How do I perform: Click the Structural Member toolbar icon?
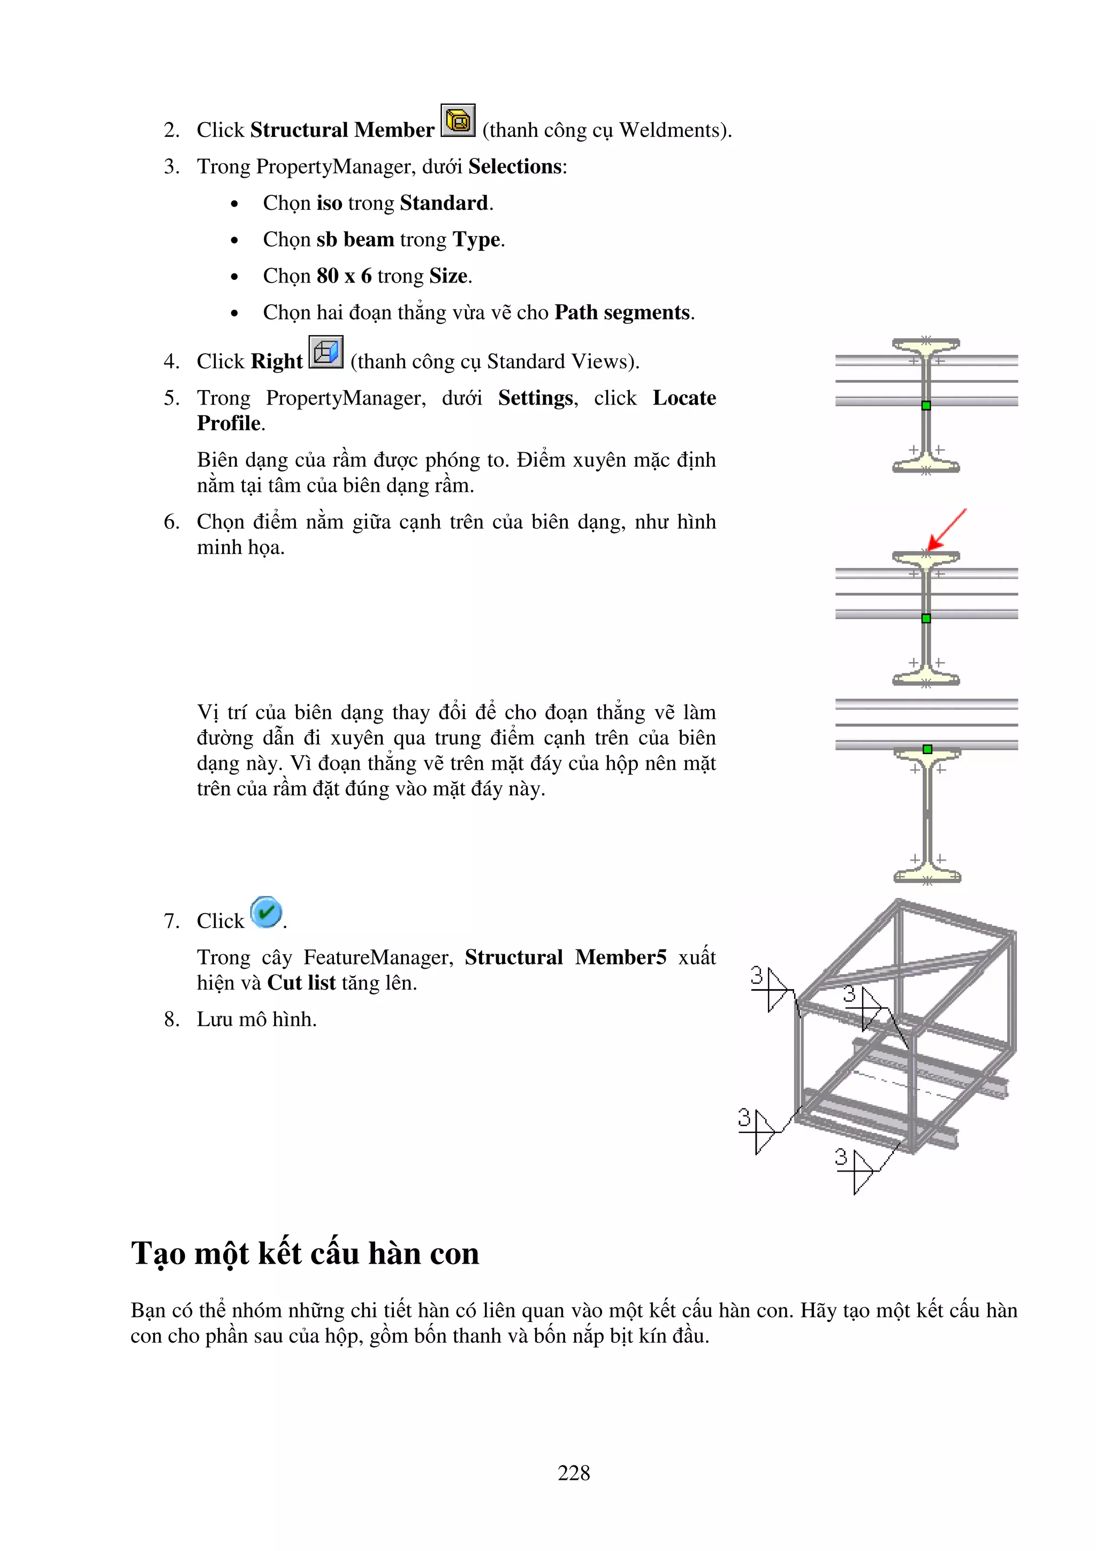[x=458, y=121]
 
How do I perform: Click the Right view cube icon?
[x=326, y=352]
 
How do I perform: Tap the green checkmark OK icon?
[x=265, y=912]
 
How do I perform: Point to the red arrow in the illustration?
[x=946, y=530]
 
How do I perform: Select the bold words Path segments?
[x=622, y=313]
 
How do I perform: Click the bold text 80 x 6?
[x=344, y=276]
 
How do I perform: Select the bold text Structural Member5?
[x=565, y=957]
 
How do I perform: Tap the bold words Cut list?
[x=301, y=983]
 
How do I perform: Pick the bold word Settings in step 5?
[x=536, y=398]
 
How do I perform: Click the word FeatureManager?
[x=377, y=957]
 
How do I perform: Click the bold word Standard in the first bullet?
[x=444, y=203]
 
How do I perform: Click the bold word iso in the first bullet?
[x=329, y=203]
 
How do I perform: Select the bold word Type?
[x=476, y=240]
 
